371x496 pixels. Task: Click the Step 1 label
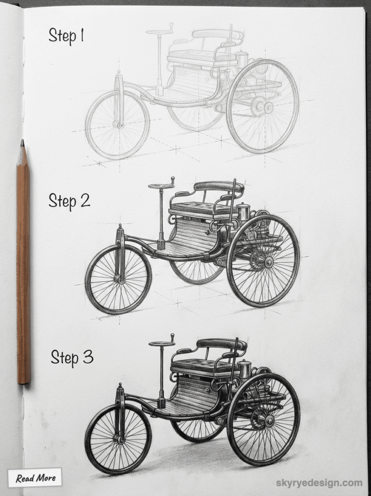(66, 35)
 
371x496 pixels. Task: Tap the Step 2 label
(69, 200)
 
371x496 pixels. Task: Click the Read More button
(35, 478)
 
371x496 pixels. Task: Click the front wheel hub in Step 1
(118, 124)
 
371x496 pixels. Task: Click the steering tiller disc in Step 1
(159, 32)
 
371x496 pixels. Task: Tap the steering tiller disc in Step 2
(161, 186)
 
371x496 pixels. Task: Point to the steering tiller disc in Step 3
(162, 344)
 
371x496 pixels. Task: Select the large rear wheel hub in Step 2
(268, 262)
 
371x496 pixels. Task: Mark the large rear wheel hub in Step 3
(269, 420)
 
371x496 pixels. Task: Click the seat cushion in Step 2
(202, 208)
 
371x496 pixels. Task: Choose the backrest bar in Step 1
(217, 34)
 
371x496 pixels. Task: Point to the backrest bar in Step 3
(221, 344)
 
